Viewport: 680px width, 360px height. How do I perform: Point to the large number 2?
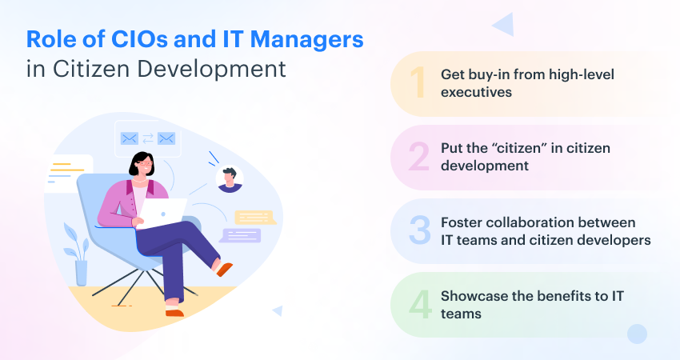[x=418, y=157]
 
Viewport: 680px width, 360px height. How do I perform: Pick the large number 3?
[x=418, y=229]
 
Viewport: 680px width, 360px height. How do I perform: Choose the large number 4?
[x=418, y=305]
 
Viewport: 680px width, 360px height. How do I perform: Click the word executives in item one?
[x=477, y=91]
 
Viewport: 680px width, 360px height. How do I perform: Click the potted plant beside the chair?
[x=78, y=252]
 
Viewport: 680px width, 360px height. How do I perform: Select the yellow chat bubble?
[x=254, y=216]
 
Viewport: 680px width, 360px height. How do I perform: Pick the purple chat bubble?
[x=241, y=235]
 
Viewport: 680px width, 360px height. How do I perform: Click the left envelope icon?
[x=130, y=138]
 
